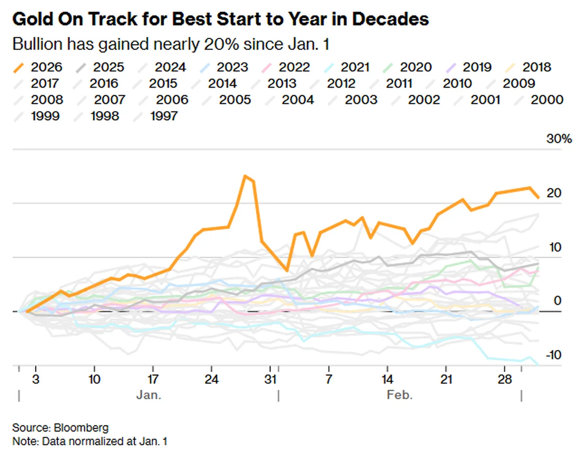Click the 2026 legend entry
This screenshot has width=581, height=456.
pos(37,67)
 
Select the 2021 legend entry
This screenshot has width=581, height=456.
pos(347,67)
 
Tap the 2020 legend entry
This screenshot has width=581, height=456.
pos(408,67)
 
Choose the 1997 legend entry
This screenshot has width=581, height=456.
pos(155,116)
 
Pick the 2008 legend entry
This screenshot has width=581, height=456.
pos(38,100)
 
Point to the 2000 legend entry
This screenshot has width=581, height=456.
pos(538,100)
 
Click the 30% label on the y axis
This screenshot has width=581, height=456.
pos(559,139)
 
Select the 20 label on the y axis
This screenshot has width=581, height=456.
pos(554,193)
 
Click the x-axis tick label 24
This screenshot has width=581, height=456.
pos(211,379)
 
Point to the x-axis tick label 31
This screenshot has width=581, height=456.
pos(270,379)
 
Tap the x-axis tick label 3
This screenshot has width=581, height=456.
pos(36,379)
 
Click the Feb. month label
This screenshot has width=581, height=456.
pos(400,395)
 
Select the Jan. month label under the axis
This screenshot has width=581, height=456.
pos(149,395)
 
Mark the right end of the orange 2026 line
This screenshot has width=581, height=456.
pos(538,198)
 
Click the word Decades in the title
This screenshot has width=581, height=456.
pos(391,19)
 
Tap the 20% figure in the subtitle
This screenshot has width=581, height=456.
pos(222,44)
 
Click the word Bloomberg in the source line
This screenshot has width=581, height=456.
pos(81,428)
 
